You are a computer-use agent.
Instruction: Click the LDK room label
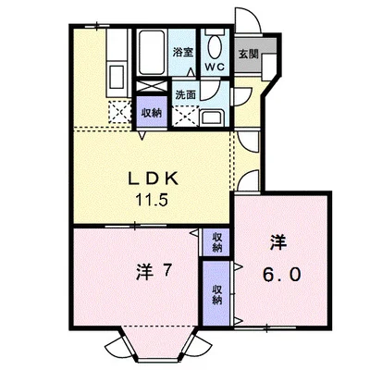(153, 179)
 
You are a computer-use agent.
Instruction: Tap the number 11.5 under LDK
(153, 201)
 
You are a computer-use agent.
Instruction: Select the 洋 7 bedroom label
(153, 272)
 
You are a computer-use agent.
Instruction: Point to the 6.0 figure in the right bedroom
(281, 275)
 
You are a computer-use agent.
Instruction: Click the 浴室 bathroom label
(183, 52)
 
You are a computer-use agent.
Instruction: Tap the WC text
(215, 67)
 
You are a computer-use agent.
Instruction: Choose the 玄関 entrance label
(248, 55)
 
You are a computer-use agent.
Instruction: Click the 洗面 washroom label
(186, 94)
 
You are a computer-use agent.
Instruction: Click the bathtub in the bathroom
(151, 53)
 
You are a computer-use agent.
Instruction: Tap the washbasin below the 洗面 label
(212, 118)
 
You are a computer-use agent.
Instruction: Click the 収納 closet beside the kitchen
(152, 113)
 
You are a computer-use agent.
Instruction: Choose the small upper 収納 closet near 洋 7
(216, 242)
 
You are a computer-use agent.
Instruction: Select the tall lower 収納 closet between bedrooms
(216, 294)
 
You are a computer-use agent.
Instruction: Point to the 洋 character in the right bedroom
(278, 241)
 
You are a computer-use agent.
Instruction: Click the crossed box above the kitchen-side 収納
(152, 86)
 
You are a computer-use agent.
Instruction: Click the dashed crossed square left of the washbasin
(185, 116)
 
